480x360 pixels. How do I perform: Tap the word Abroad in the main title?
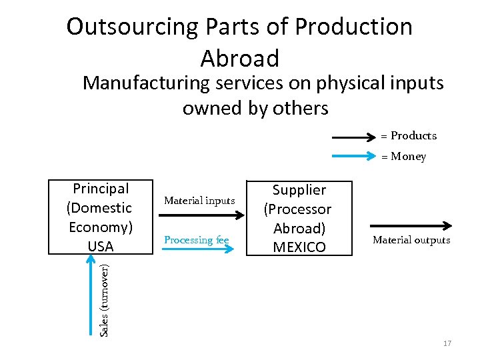[x=239, y=59]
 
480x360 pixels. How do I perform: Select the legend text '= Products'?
[x=409, y=136]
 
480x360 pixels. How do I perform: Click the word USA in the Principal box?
[x=101, y=246]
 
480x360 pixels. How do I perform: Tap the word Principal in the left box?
[x=101, y=189]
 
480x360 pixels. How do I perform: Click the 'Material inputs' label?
[x=199, y=201]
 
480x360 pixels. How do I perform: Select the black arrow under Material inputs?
[x=199, y=215]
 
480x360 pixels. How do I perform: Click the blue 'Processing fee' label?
[x=196, y=240]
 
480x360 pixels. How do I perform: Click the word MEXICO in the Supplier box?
[x=299, y=247]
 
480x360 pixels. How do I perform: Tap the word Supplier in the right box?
[x=299, y=190]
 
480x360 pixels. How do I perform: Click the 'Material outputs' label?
[x=411, y=240]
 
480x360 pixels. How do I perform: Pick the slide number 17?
[x=447, y=343]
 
